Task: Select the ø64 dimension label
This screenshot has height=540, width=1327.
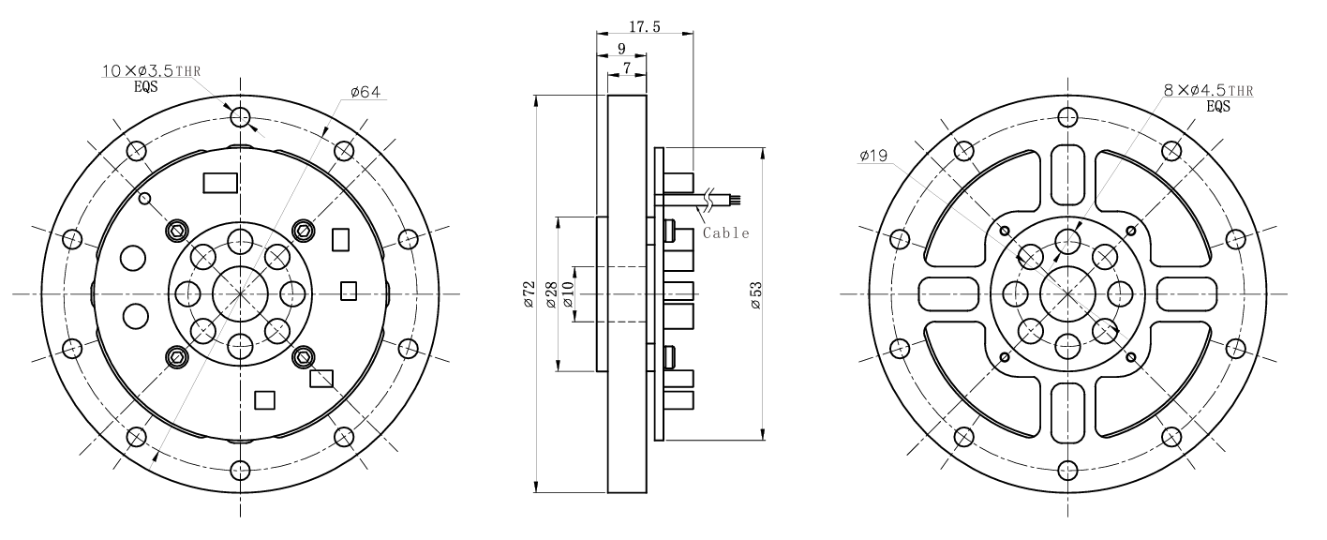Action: pyautogui.click(x=365, y=92)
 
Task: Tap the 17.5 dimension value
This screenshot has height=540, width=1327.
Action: pyautogui.click(x=645, y=27)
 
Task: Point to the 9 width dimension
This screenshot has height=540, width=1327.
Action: pyautogui.click(x=621, y=49)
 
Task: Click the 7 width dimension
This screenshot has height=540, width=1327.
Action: pyautogui.click(x=626, y=68)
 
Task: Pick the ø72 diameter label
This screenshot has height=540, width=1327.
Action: pyautogui.click(x=529, y=293)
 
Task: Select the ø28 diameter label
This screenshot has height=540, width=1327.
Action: pyautogui.click(x=552, y=293)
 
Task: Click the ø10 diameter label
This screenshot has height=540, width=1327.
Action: pyautogui.click(x=569, y=293)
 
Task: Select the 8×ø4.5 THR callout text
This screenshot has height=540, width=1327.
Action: pyautogui.click(x=1207, y=90)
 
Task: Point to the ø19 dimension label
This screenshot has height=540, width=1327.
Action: pyautogui.click(x=873, y=157)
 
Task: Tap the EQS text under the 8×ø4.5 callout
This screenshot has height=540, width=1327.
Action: pyautogui.click(x=1218, y=106)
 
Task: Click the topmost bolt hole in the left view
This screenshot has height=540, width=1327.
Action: pyautogui.click(x=241, y=117)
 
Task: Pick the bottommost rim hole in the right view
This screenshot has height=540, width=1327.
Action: pyautogui.click(x=1066, y=471)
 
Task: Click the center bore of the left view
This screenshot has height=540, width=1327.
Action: pyautogui.click(x=241, y=293)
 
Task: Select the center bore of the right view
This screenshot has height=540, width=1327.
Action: pyautogui.click(x=1066, y=293)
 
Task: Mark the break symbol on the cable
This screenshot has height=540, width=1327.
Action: pyautogui.click(x=717, y=198)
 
